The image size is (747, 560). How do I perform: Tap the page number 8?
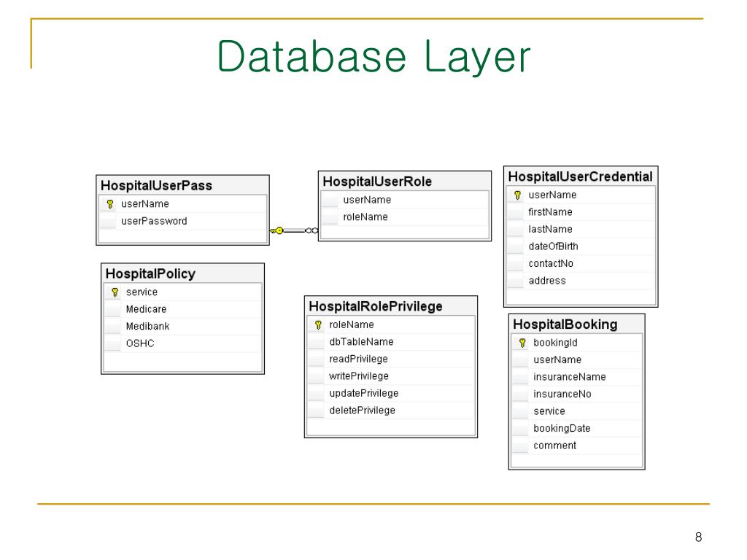698,538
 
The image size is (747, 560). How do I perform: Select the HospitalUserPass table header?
156,185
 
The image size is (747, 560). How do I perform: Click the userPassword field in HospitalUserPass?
154,221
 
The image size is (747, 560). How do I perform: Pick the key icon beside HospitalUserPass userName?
110,204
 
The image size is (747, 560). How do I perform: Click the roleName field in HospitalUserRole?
365,217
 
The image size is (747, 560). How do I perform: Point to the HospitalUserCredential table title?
580,176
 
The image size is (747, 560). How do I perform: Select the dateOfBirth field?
553,246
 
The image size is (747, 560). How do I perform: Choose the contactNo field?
551,263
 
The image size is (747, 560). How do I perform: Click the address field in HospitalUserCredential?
546,281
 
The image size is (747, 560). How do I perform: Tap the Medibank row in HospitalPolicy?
147,326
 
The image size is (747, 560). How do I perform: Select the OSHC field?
140,343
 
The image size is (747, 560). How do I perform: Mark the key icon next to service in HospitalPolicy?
115,292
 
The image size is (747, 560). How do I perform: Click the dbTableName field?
361,342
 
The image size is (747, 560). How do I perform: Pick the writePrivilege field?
359,376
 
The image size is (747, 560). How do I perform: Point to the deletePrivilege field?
362,411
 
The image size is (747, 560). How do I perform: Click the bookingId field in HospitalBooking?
555,343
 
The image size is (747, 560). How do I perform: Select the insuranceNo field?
562,394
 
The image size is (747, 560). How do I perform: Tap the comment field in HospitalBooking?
554,446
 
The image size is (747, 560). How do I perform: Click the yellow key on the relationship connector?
277,230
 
